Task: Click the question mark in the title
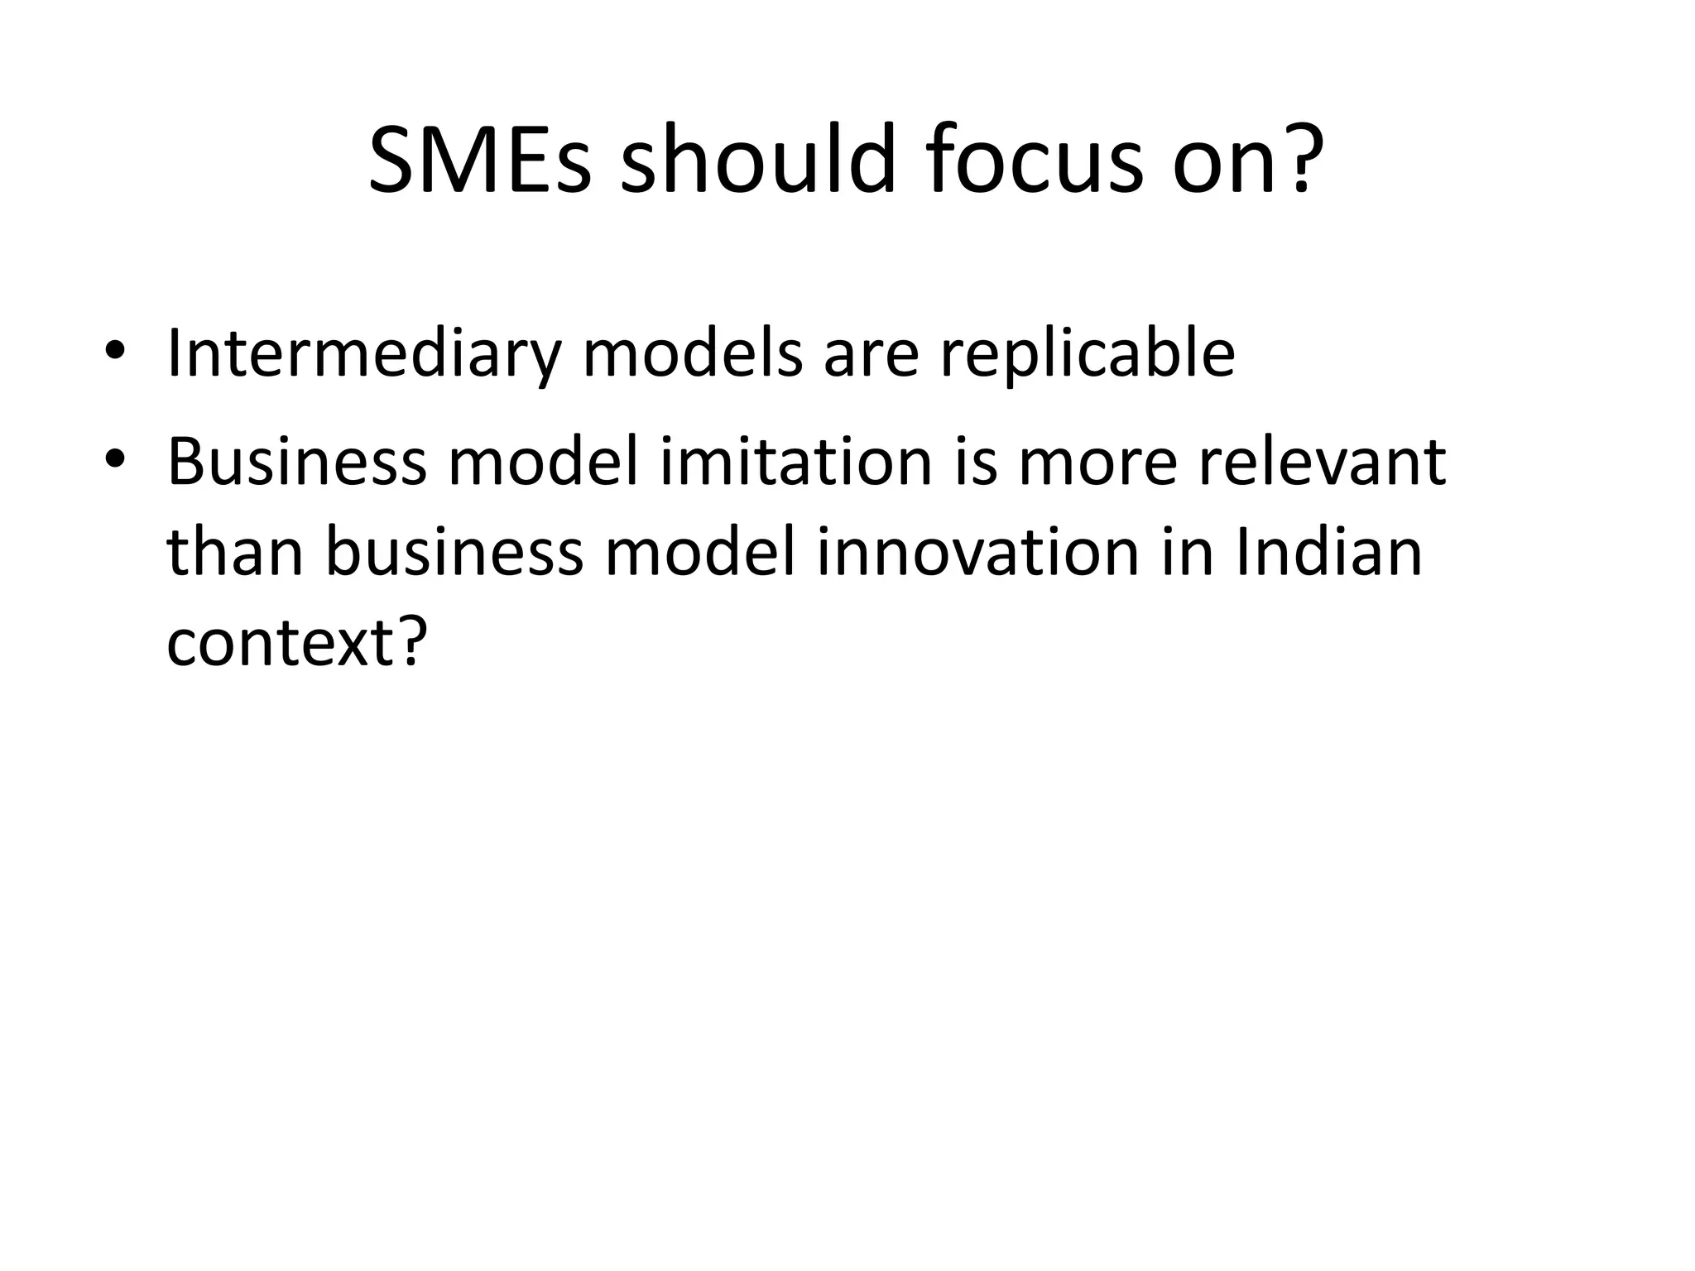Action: click(x=1302, y=159)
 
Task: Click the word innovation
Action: click(x=977, y=553)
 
